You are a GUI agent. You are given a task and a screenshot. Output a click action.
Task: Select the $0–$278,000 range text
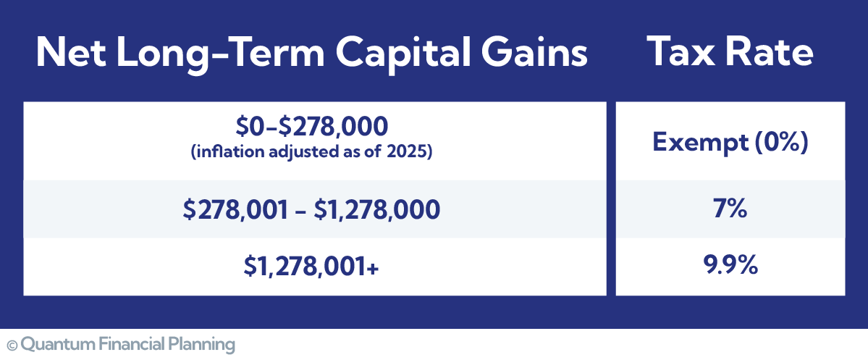coord(312,127)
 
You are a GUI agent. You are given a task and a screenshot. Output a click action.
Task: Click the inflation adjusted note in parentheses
coord(312,153)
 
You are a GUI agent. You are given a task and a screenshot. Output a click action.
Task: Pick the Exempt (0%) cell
coord(730,142)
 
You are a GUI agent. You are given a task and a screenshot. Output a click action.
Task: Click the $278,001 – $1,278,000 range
coord(312,210)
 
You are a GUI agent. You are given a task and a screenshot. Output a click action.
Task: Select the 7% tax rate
coord(730,210)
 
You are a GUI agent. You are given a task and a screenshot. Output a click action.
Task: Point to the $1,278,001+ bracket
coord(312,267)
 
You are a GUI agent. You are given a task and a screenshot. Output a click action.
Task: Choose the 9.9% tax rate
coord(730,267)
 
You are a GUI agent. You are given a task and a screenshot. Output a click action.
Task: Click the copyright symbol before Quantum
coord(12,343)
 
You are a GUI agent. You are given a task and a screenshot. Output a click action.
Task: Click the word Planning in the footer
coord(206,344)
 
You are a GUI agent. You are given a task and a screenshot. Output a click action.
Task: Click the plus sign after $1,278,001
coord(374,268)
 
